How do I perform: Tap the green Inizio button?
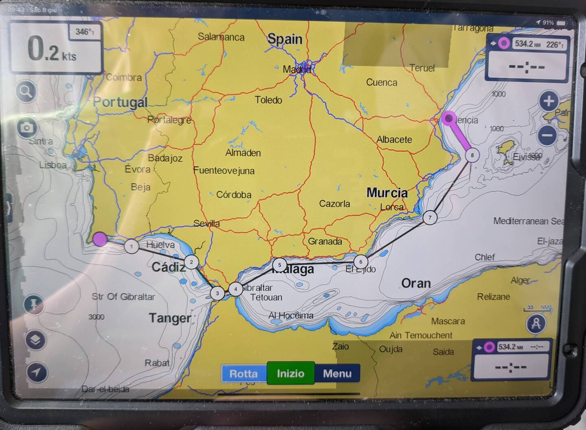(x=291, y=373)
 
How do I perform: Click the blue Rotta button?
(x=243, y=373)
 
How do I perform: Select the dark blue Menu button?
(x=337, y=373)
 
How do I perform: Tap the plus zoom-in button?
(x=549, y=101)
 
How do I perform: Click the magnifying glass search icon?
(x=26, y=92)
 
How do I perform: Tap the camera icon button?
(x=27, y=128)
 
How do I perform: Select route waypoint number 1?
(x=131, y=246)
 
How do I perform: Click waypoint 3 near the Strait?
(x=217, y=293)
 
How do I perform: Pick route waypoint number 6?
(x=361, y=262)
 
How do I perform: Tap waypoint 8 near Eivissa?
(x=472, y=155)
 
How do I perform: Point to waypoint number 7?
(x=430, y=217)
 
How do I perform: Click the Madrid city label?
(x=297, y=70)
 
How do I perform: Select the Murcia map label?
(x=387, y=192)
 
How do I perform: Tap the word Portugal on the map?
(x=120, y=102)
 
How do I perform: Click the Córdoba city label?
(x=234, y=195)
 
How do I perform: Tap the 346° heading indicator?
(x=85, y=32)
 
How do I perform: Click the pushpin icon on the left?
(x=34, y=304)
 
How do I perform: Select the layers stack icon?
(x=35, y=339)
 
